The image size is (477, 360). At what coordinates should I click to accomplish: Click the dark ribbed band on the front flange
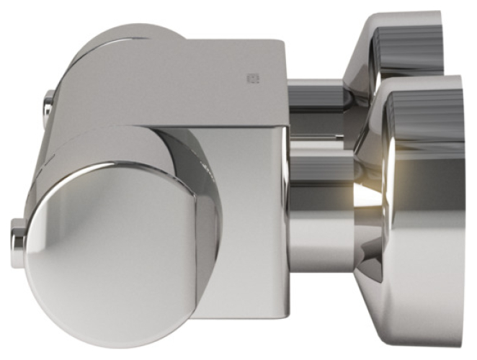(x=432, y=115)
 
